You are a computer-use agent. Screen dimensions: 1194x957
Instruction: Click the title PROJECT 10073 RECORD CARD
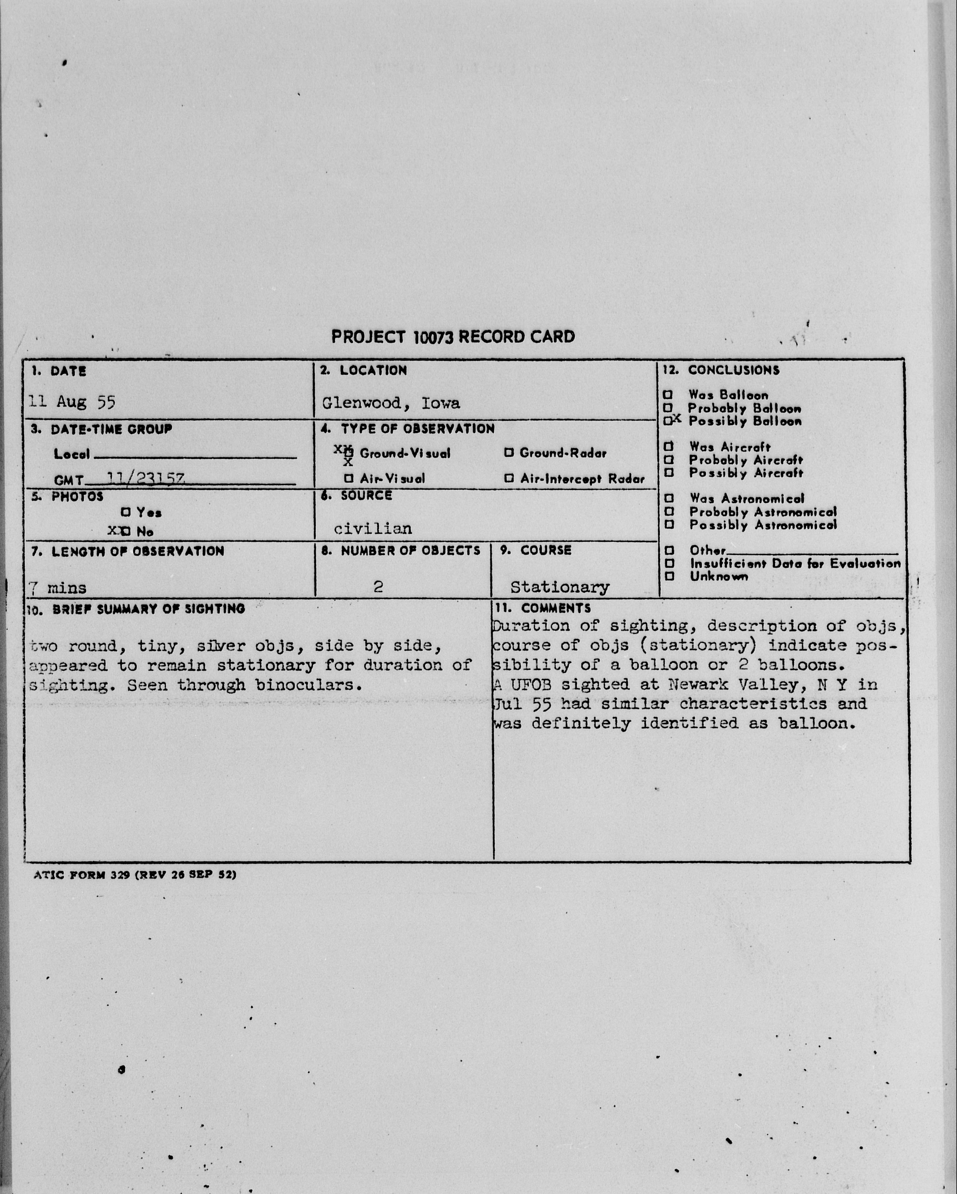[x=453, y=337]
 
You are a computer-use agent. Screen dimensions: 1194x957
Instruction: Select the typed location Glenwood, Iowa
[x=391, y=403]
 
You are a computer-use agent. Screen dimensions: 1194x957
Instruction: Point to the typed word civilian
[x=373, y=529]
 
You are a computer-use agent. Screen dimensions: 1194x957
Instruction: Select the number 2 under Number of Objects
[x=378, y=586]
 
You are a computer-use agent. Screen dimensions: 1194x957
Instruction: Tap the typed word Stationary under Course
[x=560, y=587]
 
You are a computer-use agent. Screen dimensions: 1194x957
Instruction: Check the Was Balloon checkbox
[x=668, y=395]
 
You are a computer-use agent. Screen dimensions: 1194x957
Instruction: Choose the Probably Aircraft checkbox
[x=669, y=460]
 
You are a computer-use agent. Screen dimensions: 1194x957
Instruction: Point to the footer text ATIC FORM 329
[x=83, y=875]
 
